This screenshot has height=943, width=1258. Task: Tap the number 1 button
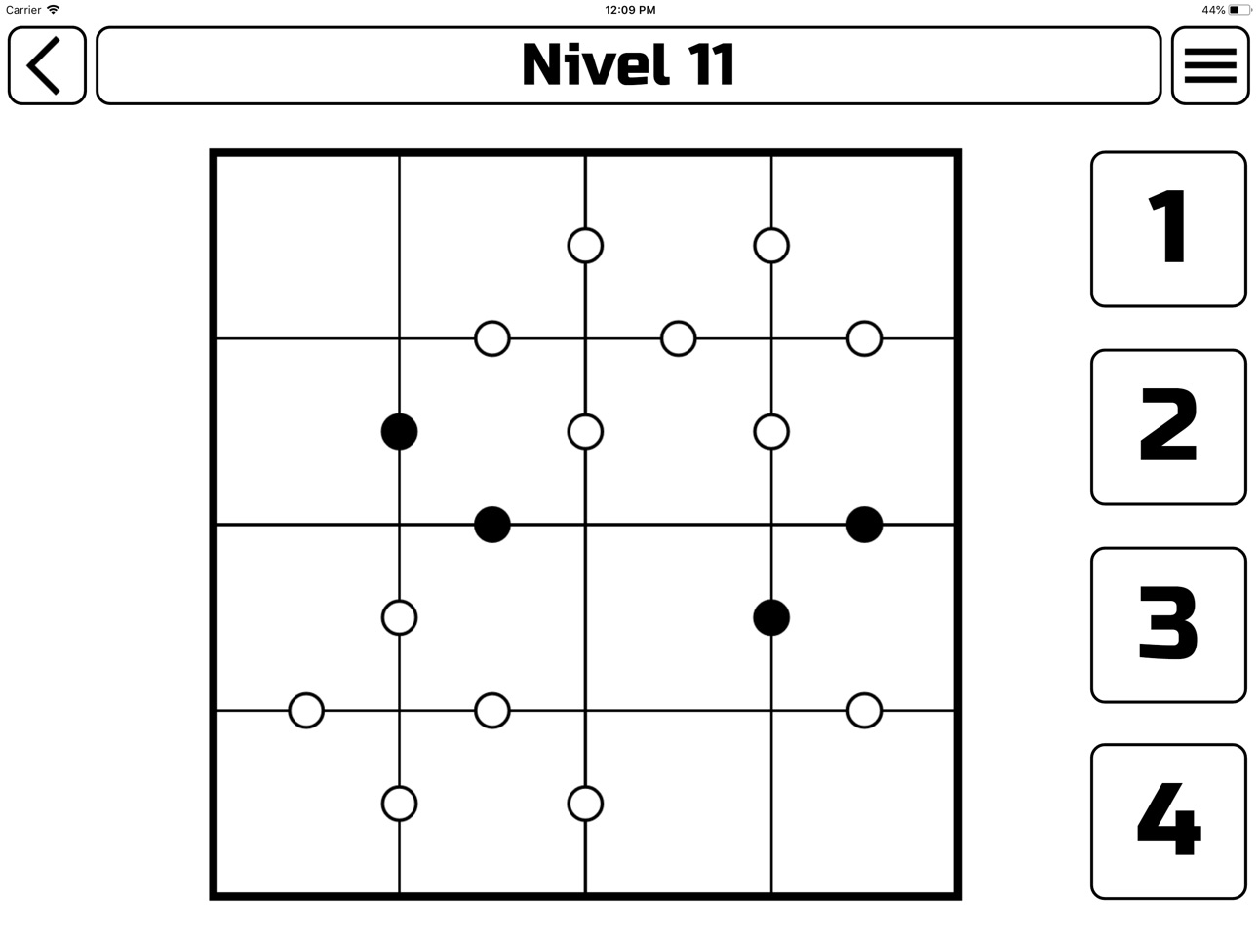pos(1168,229)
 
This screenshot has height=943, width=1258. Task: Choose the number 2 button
pos(1168,427)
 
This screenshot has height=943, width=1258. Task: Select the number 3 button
pos(1168,624)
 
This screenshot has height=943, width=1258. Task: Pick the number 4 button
pos(1168,821)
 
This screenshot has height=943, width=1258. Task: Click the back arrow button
pos(47,65)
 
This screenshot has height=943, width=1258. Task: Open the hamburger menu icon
pos(1210,65)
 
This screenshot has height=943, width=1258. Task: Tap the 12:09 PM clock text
pos(630,10)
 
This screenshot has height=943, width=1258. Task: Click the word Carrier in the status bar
pos(23,10)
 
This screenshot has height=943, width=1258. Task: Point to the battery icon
pos(1239,10)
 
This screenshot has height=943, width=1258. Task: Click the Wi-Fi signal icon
pos(54,9)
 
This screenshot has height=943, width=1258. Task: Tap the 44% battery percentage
pos(1213,10)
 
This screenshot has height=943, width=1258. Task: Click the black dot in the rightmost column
pos(864,525)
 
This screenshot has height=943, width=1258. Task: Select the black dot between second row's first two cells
pos(399,431)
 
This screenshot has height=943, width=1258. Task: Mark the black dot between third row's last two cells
pos(771,617)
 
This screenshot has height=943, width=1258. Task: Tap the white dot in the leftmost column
pos(306,710)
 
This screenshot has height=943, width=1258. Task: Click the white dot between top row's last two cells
pos(771,246)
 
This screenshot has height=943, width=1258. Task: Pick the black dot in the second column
pos(492,525)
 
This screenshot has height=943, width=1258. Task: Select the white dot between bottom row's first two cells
pos(399,804)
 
